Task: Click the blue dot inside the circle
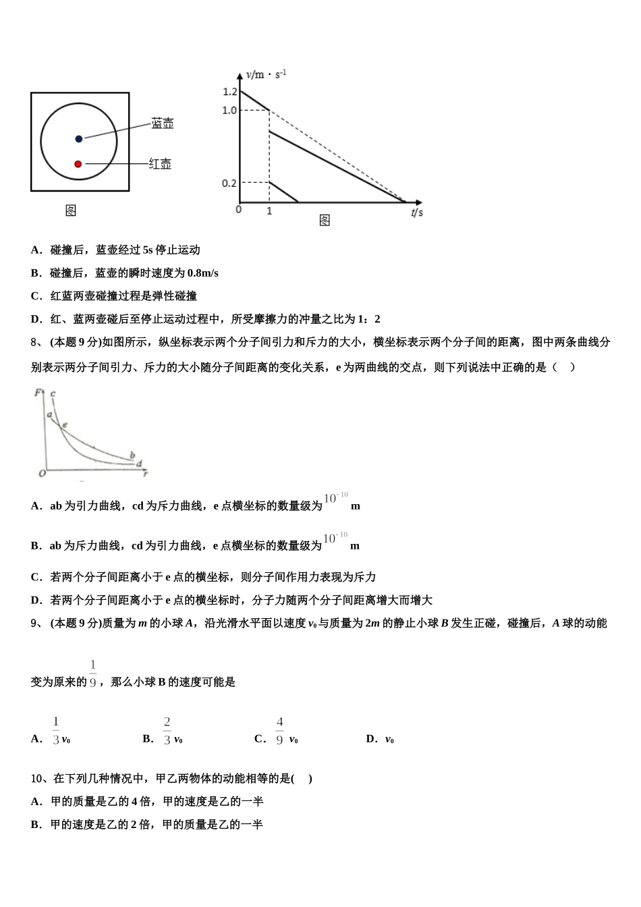click(79, 138)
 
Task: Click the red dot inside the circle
click(78, 164)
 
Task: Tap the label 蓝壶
click(163, 123)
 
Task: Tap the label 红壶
click(160, 164)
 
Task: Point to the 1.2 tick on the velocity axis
click(229, 92)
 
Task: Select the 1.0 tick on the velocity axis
click(229, 110)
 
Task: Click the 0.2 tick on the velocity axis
click(229, 183)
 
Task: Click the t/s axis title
click(417, 213)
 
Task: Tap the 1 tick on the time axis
click(269, 211)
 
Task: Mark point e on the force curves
click(64, 424)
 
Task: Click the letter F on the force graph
click(38, 391)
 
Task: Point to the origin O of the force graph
click(42, 473)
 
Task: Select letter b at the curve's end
click(132, 456)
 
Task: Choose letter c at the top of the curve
click(53, 393)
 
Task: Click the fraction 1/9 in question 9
click(92, 674)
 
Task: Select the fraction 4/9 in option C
click(279, 731)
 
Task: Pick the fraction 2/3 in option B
click(167, 731)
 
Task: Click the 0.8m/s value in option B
click(203, 273)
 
